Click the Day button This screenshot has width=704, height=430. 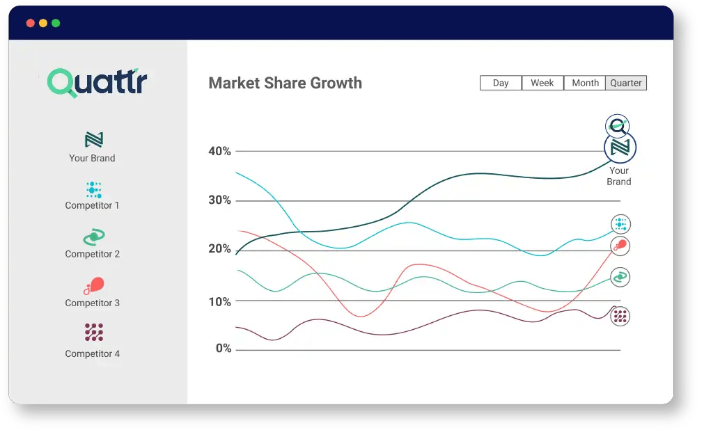pyautogui.click(x=501, y=83)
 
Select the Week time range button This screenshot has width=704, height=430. pyautogui.click(x=542, y=83)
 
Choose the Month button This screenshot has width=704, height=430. pyautogui.click(x=585, y=83)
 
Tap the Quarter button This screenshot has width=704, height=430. pyautogui.click(x=626, y=83)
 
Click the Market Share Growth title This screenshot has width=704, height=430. pyautogui.click(x=285, y=83)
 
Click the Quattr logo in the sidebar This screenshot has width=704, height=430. pyautogui.click(x=97, y=82)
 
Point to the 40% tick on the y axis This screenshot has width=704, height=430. pyautogui.click(x=219, y=151)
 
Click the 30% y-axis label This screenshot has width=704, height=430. pyautogui.click(x=219, y=200)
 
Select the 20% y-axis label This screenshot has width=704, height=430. pyautogui.click(x=219, y=249)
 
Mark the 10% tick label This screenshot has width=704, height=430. pyautogui.click(x=219, y=301)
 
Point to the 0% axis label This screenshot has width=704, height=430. pyautogui.click(x=223, y=349)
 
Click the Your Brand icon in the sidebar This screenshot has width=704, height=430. pyautogui.click(x=93, y=140)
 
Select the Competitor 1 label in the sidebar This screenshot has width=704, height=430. pyautogui.click(x=93, y=205)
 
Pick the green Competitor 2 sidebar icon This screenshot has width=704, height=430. pyautogui.click(x=93, y=237)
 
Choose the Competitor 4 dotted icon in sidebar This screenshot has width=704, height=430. pyautogui.click(x=93, y=333)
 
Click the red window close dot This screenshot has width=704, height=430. pyautogui.click(x=31, y=23)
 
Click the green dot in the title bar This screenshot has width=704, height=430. pyautogui.click(x=56, y=23)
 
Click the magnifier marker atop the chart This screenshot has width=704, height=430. pyautogui.click(x=617, y=125)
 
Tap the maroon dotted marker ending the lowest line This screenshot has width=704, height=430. pyautogui.click(x=620, y=316)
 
